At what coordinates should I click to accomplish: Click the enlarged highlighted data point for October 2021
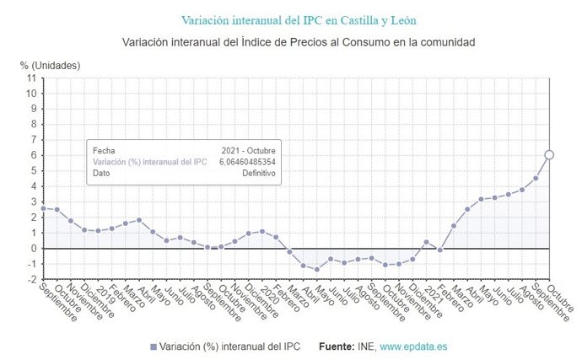pyautogui.click(x=548, y=154)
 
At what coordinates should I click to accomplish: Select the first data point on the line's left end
pyautogui.click(x=44, y=207)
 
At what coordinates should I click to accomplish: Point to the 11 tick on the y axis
pyautogui.click(x=31, y=78)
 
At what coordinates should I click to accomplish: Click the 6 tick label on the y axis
pyautogui.click(x=33, y=155)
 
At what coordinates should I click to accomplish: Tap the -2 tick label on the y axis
pyautogui.click(x=31, y=279)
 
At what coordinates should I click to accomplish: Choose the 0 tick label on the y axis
pyautogui.click(x=33, y=249)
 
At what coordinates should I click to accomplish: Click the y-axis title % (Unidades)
pyautogui.click(x=50, y=64)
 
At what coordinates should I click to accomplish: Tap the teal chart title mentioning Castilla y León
pyautogui.click(x=291, y=19)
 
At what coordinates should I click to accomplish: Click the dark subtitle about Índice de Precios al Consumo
pyautogui.click(x=291, y=41)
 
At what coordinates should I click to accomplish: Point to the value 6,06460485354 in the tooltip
pyautogui.click(x=247, y=161)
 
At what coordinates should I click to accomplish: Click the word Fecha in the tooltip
pyautogui.click(x=104, y=150)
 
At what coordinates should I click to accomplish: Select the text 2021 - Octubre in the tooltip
pyautogui.click(x=248, y=150)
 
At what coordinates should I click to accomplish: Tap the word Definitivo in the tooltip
pyautogui.click(x=259, y=172)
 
